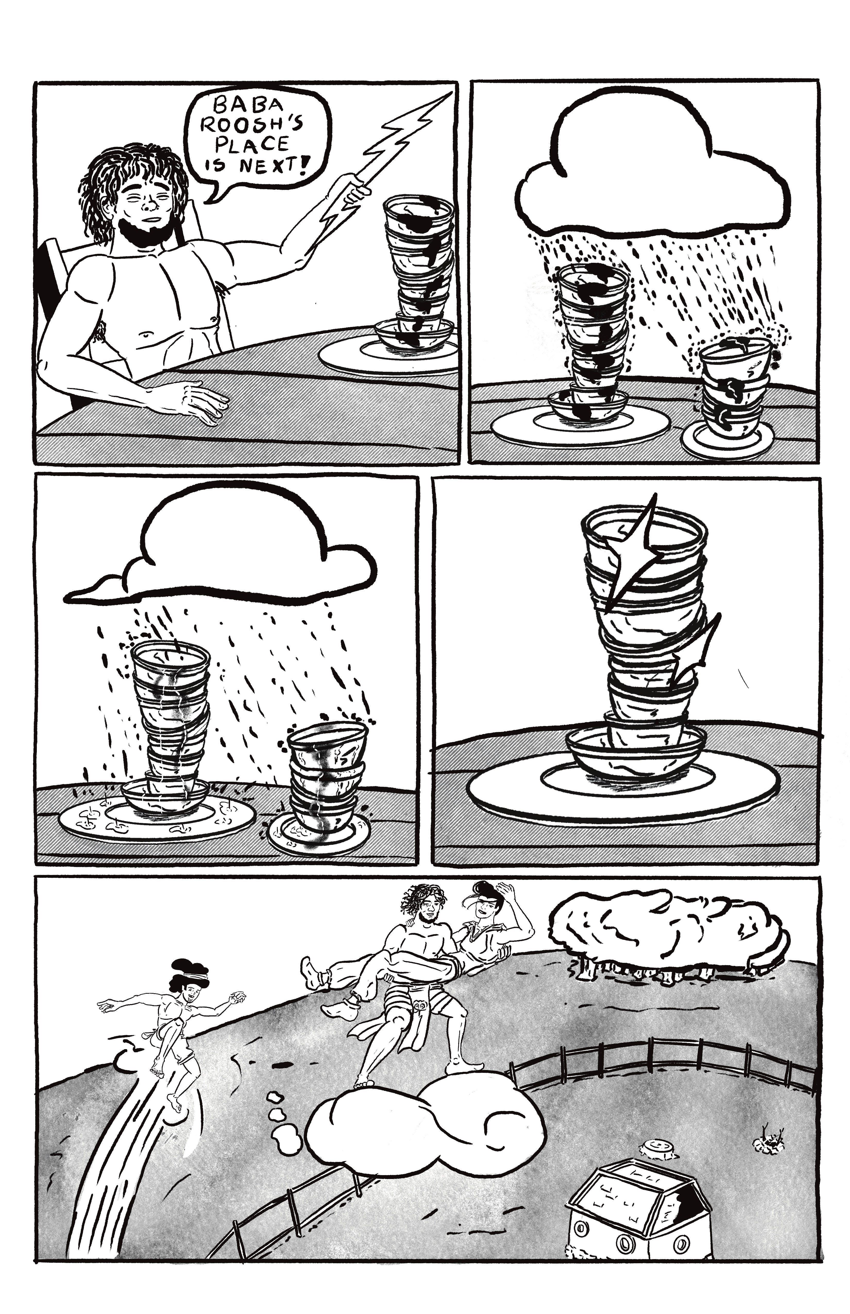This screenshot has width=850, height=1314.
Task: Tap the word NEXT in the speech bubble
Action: click(268, 165)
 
